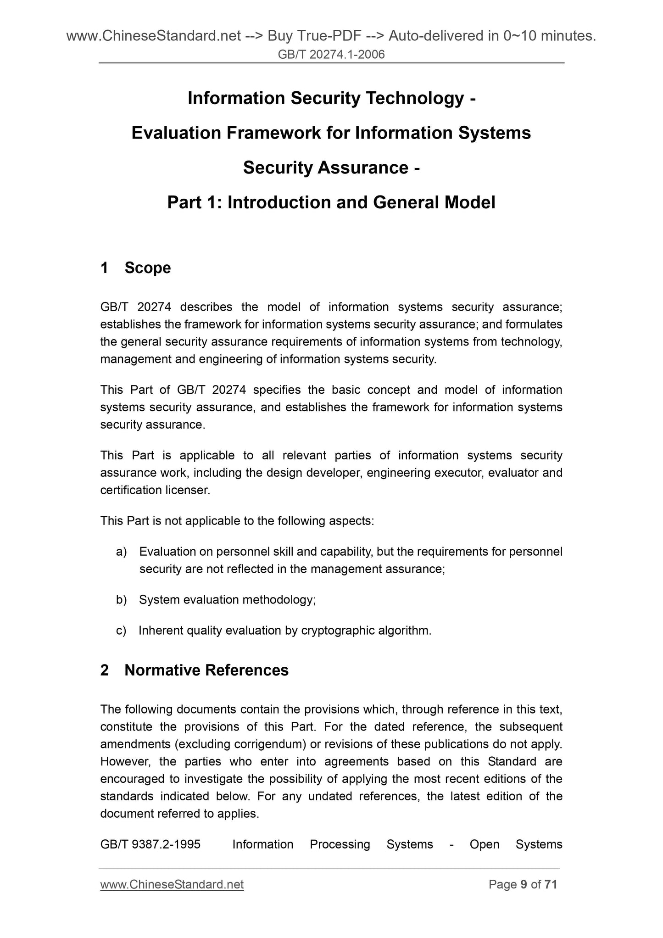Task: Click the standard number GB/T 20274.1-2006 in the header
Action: pyautogui.click(x=331, y=55)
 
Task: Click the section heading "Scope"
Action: pyautogui.click(x=147, y=268)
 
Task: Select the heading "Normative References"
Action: pyautogui.click(x=206, y=670)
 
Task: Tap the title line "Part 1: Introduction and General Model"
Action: pyautogui.click(x=331, y=202)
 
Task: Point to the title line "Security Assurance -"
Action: pyautogui.click(x=331, y=167)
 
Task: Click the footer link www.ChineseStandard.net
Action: pyautogui.click(x=172, y=884)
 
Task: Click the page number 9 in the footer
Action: pyautogui.click(x=524, y=884)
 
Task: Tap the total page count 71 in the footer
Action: pyautogui.click(x=551, y=884)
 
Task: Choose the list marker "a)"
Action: pyautogui.click(x=121, y=552)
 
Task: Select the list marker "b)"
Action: pyautogui.click(x=121, y=600)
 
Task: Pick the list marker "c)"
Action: pyautogui.click(x=121, y=631)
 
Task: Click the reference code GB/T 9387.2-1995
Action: pyautogui.click(x=150, y=844)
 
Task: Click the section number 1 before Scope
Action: pyautogui.click(x=105, y=268)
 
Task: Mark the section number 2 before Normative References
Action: pyautogui.click(x=105, y=670)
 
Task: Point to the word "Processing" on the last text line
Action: pyautogui.click(x=340, y=844)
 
